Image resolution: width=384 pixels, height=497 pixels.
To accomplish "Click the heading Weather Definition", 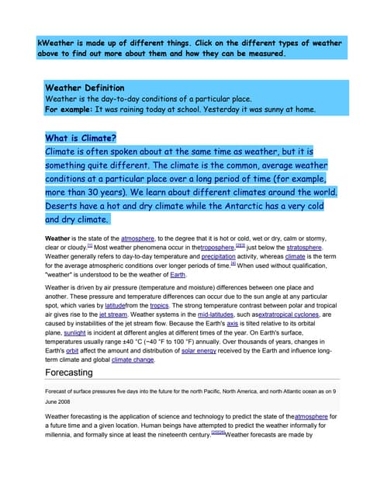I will (85, 88).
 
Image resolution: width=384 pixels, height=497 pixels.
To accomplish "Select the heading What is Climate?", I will (81, 138).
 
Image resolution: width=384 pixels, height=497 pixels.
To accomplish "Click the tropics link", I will (159, 306).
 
